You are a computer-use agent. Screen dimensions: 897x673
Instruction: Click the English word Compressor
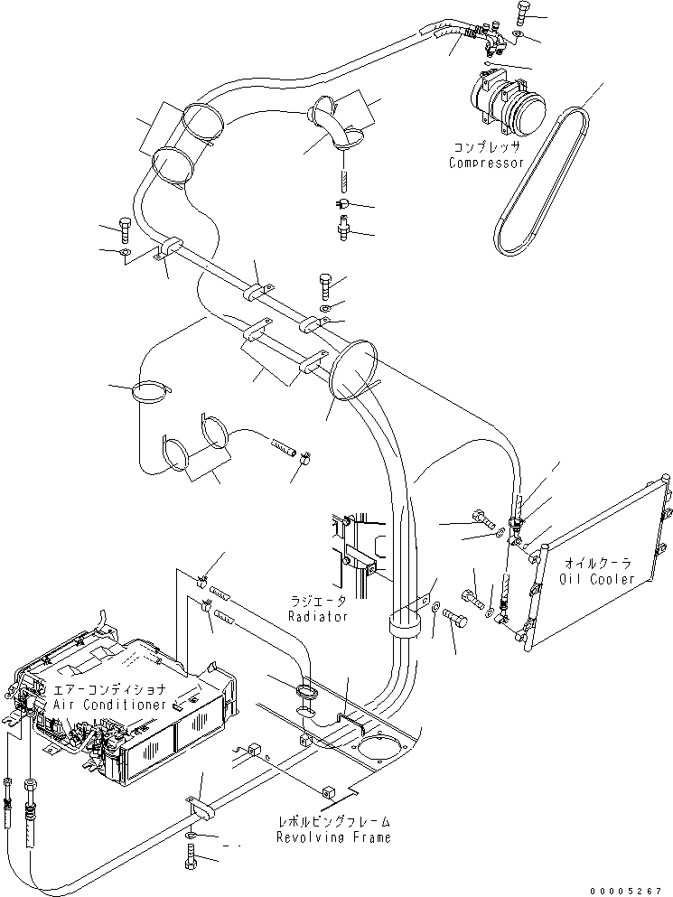(x=487, y=164)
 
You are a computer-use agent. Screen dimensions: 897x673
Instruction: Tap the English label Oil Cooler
(x=597, y=579)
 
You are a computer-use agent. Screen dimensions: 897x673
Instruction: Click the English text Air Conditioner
(x=109, y=704)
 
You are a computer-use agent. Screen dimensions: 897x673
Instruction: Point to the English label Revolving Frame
(x=333, y=837)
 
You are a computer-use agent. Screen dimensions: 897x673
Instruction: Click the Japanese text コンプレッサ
(x=487, y=147)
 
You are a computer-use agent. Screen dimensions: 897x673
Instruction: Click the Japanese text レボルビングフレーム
(x=333, y=822)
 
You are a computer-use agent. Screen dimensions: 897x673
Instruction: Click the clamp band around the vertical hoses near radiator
(x=407, y=623)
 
